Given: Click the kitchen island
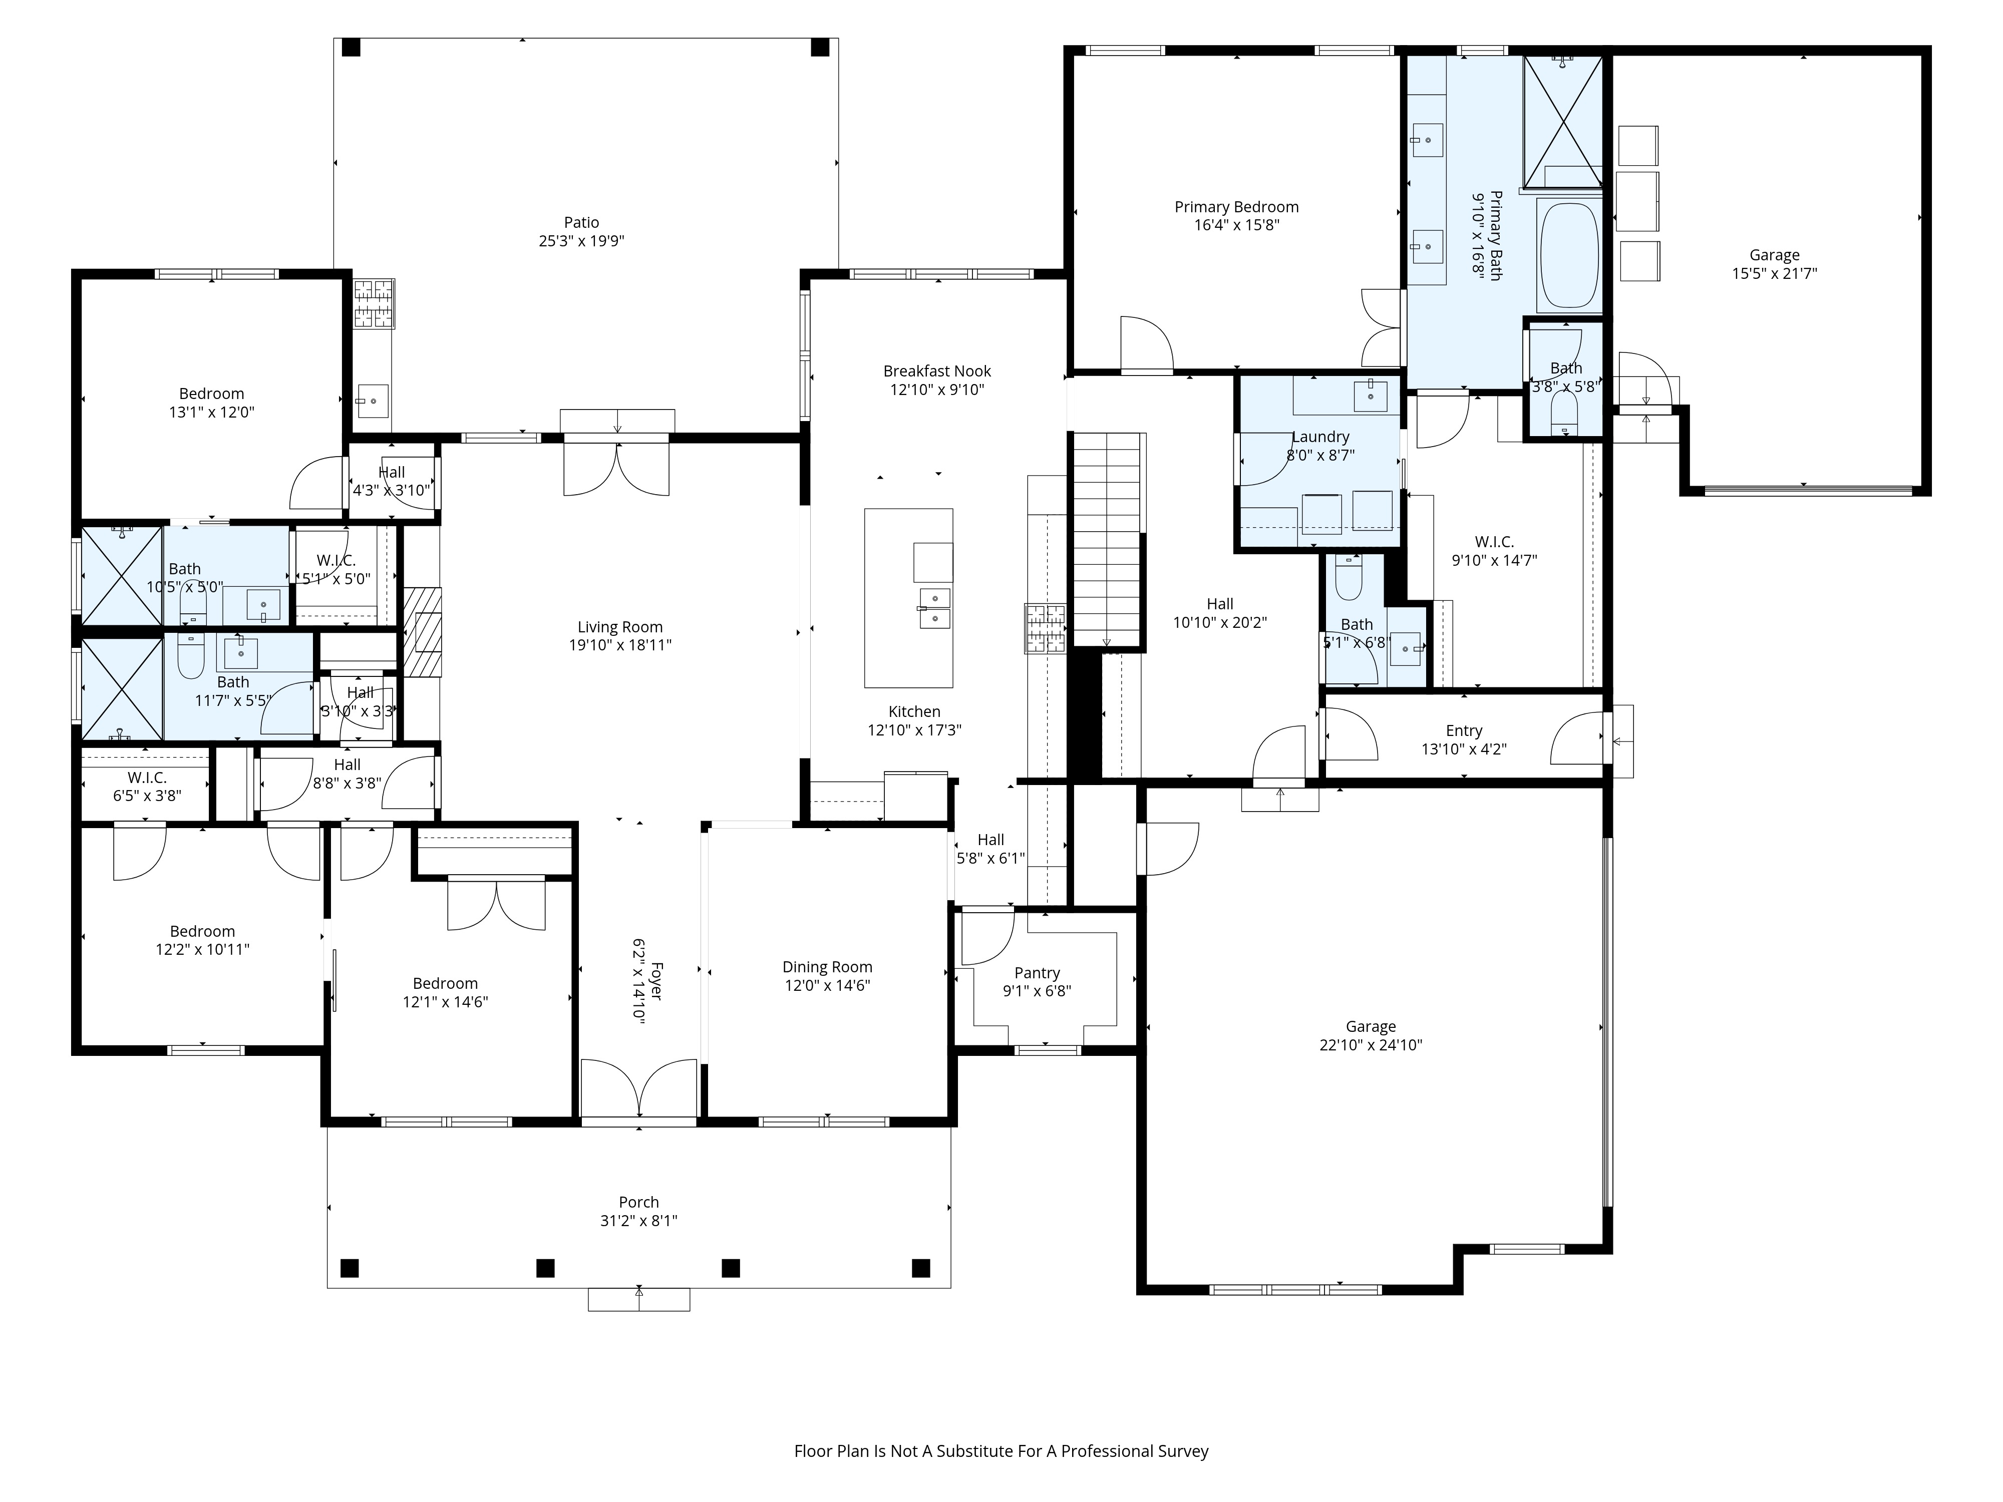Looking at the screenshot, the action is tap(908, 597).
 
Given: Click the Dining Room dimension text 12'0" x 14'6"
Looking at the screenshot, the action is tap(827, 985).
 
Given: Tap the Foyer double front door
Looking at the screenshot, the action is tap(638, 1089).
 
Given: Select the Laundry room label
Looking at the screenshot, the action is tap(1320, 437).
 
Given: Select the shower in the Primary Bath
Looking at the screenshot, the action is tap(1563, 122).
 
